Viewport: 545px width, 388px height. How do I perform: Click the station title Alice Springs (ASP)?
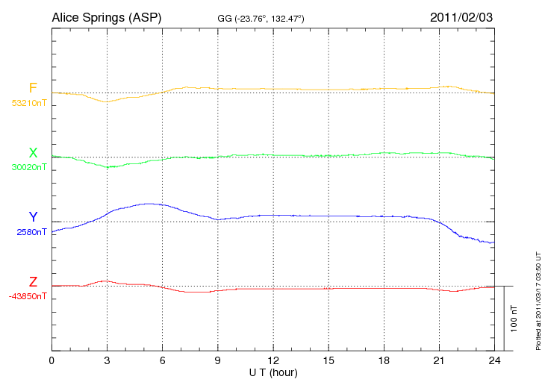[x=107, y=16]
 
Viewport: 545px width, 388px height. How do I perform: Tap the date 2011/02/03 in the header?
[x=461, y=16]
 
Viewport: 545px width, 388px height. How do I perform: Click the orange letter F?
[x=33, y=89]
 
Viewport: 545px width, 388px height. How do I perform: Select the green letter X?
[x=33, y=153]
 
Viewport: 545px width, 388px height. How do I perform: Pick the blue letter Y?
[x=33, y=217]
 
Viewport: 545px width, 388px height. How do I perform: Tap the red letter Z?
[x=33, y=281]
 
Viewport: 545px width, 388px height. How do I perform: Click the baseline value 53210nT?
[x=28, y=103]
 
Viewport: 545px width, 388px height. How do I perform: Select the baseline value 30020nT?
[x=28, y=167]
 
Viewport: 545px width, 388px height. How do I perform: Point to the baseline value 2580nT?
[x=31, y=231]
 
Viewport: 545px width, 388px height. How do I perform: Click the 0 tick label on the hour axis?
[x=52, y=361]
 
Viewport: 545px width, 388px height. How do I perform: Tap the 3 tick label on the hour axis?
[x=107, y=361]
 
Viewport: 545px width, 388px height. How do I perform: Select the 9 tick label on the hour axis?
[x=217, y=361]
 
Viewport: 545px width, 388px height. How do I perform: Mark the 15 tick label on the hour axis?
[x=328, y=361]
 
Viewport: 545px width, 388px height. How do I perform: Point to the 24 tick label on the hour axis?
[x=493, y=361]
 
